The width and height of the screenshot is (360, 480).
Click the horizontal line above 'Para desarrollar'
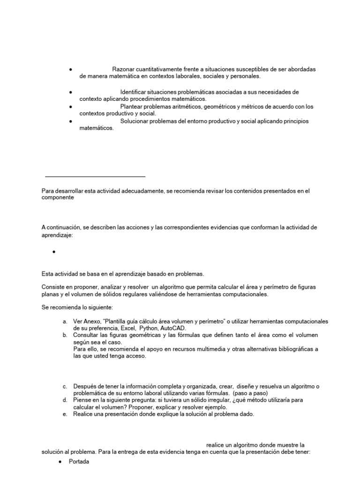pos(95,177)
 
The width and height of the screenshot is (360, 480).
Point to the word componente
pos(58,198)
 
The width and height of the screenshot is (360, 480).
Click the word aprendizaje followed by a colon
pos(57,234)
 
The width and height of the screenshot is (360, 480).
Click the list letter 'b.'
pos(65,335)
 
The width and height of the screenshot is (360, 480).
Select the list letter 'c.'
pos(65,386)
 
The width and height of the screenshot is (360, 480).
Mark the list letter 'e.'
pos(65,414)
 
